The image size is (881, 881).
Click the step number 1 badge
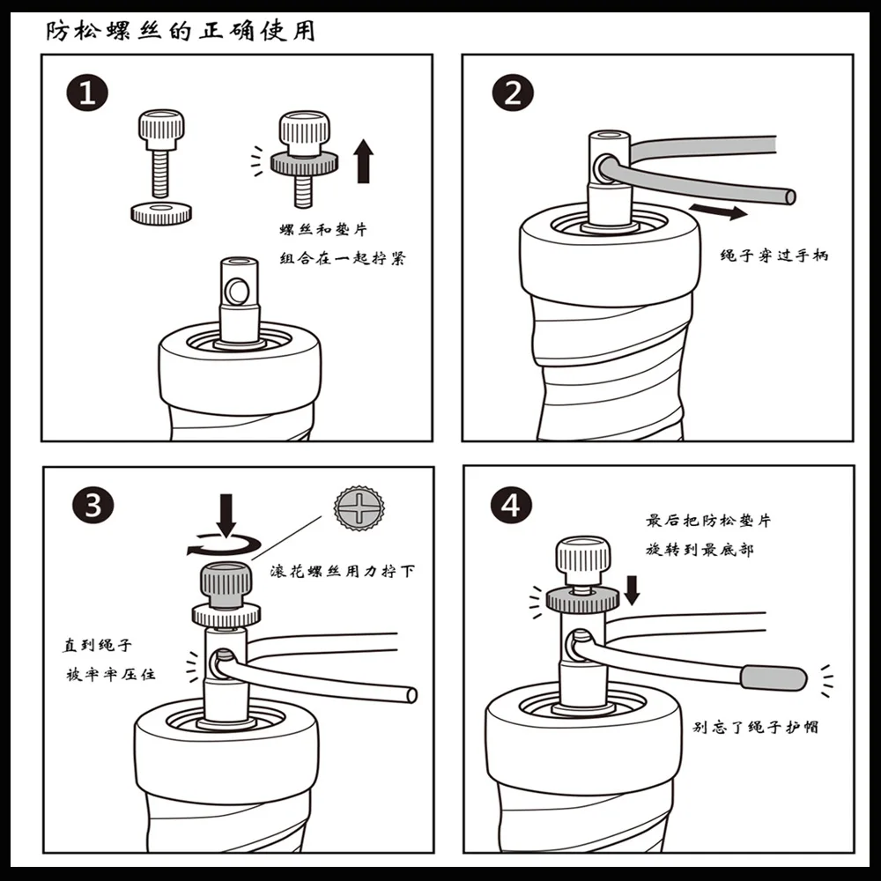[x=87, y=93]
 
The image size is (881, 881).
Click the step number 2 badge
[x=513, y=93]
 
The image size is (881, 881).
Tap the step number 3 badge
[x=93, y=505]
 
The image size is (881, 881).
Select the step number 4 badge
[x=511, y=505]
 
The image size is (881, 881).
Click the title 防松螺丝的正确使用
[x=180, y=31]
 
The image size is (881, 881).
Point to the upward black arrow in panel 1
[x=364, y=161]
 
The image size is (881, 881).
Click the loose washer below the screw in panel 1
[x=161, y=213]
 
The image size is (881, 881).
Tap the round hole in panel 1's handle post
[x=237, y=291]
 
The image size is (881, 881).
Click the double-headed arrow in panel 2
[x=718, y=211]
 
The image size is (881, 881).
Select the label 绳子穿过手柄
[x=774, y=255]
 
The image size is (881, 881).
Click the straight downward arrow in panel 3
[x=226, y=515]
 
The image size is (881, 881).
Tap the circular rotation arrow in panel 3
[x=224, y=545]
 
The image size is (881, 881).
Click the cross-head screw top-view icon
[x=359, y=508]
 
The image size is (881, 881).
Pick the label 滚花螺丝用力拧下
[x=343, y=572]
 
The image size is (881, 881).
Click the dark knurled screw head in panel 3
[x=226, y=585]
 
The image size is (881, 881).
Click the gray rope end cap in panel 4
[x=774, y=677]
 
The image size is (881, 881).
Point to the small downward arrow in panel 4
[x=632, y=590]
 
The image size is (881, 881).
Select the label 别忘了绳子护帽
[x=755, y=727]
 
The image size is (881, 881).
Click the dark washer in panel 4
[x=582, y=600]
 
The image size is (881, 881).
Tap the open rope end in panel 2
[x=789, y=196]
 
